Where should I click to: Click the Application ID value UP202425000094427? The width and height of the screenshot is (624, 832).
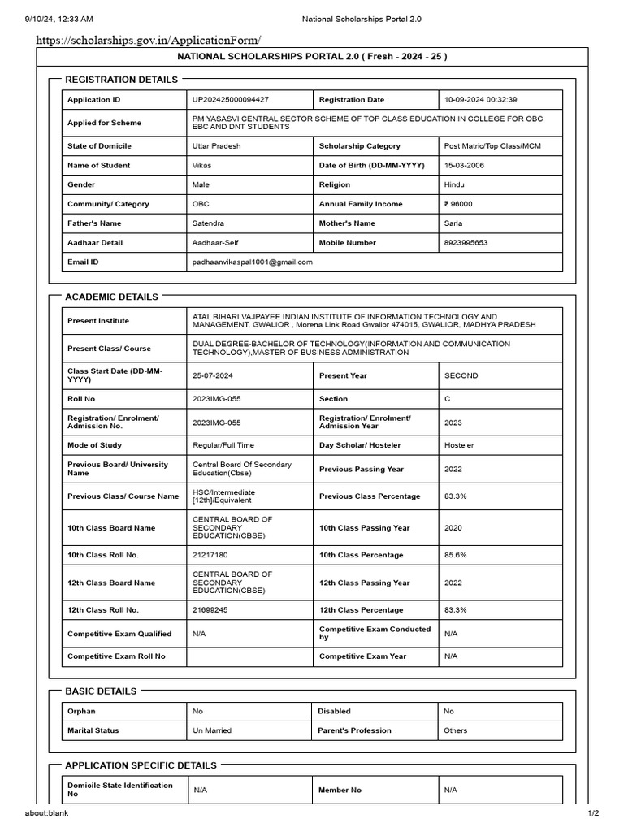tap(230, 100)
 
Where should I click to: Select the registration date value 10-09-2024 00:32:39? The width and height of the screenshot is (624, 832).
tap(480, 100)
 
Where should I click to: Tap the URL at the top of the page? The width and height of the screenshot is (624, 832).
tap(149, 39)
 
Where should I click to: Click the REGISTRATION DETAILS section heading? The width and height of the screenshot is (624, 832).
tap(121, 80)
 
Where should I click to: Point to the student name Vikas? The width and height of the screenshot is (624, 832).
tap(201, 166)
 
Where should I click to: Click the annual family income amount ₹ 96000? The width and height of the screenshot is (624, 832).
tap(458, 204)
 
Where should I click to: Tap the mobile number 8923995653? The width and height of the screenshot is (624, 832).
tap(466, 243)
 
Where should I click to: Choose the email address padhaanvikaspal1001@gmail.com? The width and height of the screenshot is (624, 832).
tap(252, 262)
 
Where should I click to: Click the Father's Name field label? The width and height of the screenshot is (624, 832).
tap(94, 223)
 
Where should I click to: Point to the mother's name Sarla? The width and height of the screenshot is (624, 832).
tap(453, 223)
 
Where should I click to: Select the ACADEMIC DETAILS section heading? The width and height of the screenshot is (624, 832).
tap(111, 297)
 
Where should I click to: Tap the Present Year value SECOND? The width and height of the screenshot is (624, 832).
tap(461, 375)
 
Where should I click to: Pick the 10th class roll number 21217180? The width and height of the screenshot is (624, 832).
tap(210, 555)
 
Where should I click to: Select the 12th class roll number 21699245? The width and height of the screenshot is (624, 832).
tap(210, 609)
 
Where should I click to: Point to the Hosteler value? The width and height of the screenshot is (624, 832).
tap(459, 445)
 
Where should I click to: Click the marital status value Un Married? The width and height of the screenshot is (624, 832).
tap(212, 730)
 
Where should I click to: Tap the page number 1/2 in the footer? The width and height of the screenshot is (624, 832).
tap(593, 813)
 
